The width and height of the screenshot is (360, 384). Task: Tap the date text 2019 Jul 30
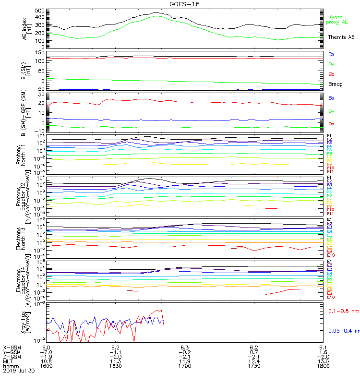pos(17,371)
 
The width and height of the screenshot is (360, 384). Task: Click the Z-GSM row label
pos(12,356)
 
